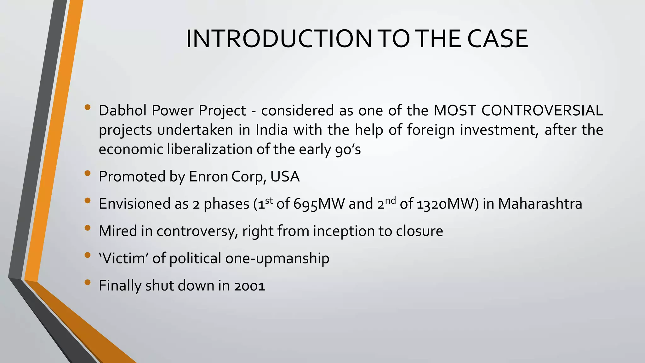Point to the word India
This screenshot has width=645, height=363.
click(271, 130)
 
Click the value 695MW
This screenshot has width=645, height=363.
click(319, 204)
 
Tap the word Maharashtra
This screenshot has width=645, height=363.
click(540, 204)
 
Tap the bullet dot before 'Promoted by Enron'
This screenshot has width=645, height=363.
click(88, 173)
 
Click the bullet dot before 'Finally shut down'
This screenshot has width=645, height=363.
click(88, 282)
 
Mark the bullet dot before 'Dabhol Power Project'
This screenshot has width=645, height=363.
click(88, 107)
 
